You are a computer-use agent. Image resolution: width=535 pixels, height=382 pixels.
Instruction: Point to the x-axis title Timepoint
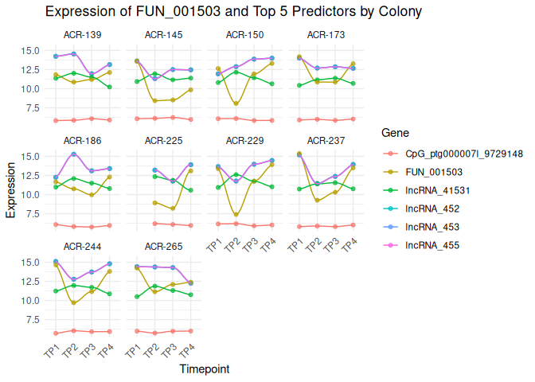pos(205,369)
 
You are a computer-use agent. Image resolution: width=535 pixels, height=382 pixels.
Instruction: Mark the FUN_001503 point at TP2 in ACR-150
pos(236,103)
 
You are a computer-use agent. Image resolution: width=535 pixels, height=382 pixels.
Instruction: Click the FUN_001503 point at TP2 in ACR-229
pos(236,214)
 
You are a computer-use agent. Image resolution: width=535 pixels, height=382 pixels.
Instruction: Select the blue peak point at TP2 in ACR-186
pos(73,154)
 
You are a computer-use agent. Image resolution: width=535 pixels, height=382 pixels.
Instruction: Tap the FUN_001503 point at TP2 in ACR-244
pos(73,302)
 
